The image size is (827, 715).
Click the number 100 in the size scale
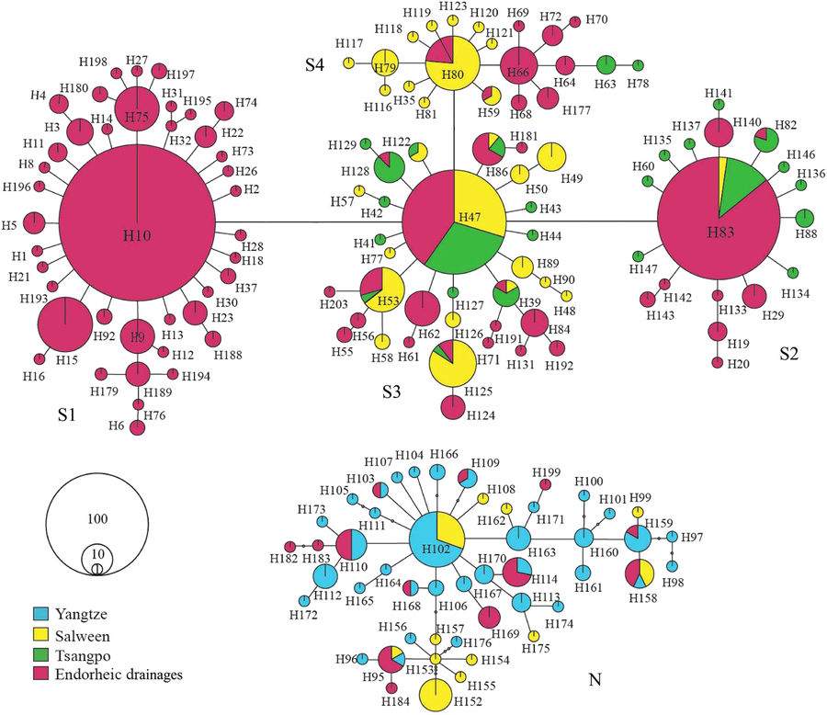[96, 519]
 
